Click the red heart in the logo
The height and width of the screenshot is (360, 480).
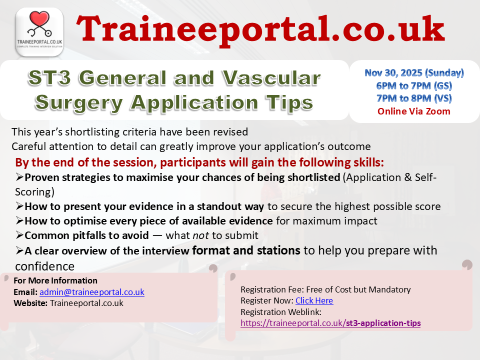click(x=39, y=18)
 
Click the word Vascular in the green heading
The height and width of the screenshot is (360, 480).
click(x=271, y=78)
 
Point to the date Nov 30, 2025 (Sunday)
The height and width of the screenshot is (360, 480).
click(x=414, y=73)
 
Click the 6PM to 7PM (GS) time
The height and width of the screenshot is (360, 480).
click(x=414, y=85)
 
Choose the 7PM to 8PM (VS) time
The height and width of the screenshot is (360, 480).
click(x=414, y=98)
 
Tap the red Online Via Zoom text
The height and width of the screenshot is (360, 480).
click(x=414, y=111)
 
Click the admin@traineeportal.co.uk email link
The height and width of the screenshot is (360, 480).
click(x=92, y=292)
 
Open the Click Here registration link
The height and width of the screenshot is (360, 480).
click(x=314, y=300)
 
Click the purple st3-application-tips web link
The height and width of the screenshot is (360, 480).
click(x=330, y=323)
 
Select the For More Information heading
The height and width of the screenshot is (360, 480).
click(x=55, y=280)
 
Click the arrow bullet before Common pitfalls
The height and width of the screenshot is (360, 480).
click(x=19, y=235)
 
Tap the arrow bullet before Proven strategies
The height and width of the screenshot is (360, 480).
click(x=19, y=177)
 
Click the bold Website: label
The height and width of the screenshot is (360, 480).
click(x=30, y=303)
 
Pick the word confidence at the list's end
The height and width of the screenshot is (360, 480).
click(x=44, y=266)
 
